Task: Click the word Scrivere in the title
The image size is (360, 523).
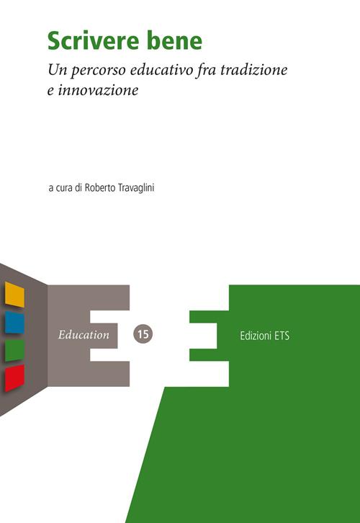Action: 94,40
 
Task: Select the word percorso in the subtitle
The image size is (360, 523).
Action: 99,71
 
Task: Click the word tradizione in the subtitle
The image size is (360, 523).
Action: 254,69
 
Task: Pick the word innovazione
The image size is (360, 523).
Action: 98,90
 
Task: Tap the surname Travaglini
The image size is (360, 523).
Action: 136,188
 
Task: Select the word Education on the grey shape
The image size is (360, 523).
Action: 84,334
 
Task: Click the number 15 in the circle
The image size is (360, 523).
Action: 143,334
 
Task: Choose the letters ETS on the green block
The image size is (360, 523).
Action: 282,336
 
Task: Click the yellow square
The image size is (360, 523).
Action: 14,295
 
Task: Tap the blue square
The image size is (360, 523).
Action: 14,323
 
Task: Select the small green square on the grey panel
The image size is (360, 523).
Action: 14,350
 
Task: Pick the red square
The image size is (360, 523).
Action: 14,378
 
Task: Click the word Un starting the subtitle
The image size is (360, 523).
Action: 58,70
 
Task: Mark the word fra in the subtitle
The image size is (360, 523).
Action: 207,70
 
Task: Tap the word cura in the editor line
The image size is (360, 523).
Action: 64,188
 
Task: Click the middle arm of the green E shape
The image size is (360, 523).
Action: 203,336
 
